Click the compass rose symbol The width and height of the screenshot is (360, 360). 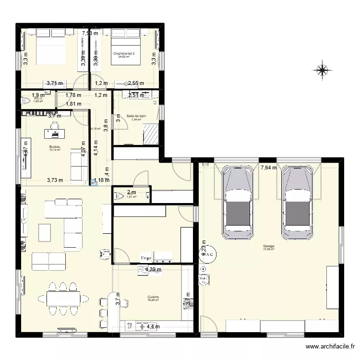[x=322, y=70]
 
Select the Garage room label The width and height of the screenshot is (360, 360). [x=269, y=246]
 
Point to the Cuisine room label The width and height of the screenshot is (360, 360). [x=153, y=297]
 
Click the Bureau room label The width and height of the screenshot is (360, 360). [x=54, y=146]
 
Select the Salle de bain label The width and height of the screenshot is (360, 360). [x=136, y=116]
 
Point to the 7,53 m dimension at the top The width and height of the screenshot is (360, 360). [x=89, y=33]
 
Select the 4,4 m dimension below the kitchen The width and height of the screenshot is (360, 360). [x=153, y=327]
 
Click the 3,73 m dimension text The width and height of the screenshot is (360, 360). [x=55, y=180]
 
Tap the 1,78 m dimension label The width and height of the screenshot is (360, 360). [x=73, y=95]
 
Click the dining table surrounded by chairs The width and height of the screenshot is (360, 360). [x=63, y=299]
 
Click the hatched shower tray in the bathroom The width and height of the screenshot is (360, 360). [x=152, y=133]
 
